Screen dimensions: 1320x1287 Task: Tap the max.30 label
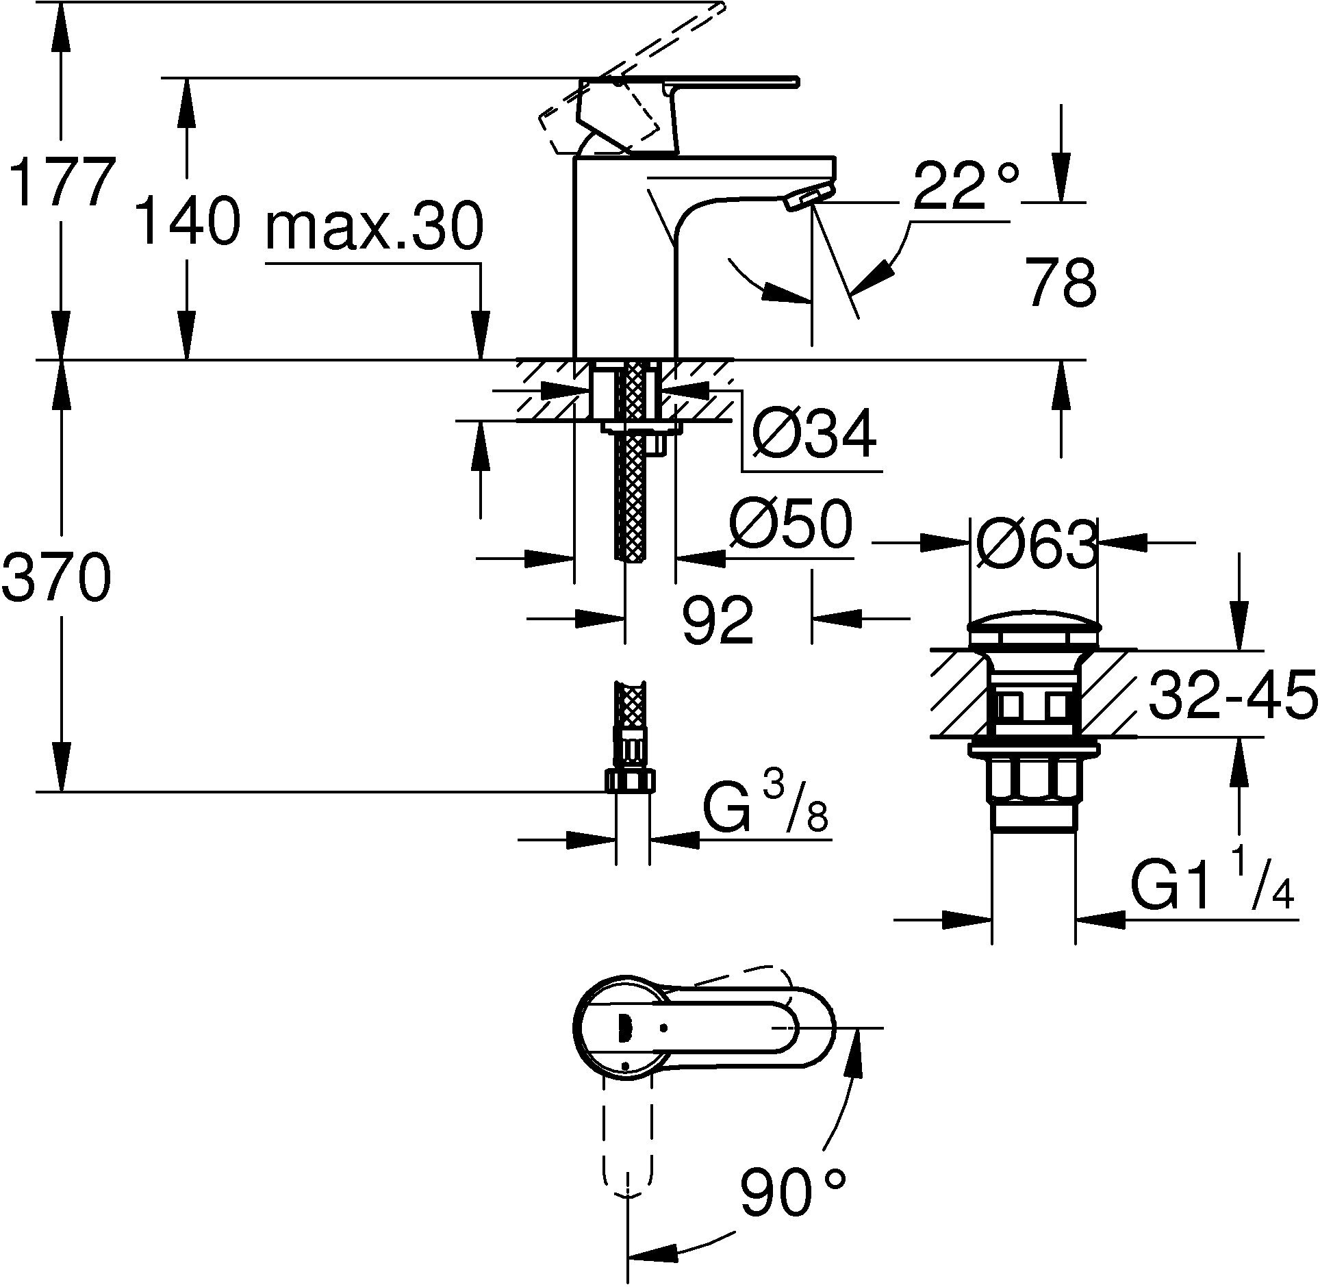[374, 227]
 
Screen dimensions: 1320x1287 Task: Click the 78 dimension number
[1060, 282]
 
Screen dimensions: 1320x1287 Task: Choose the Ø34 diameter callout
[813, 435]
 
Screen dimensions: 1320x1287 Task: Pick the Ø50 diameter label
[790, 526]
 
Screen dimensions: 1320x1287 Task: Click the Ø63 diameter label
[1034, 545]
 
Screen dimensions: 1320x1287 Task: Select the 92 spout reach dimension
[718, 619]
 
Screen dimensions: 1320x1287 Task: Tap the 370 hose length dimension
[56, 578]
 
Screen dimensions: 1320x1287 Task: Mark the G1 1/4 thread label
[1212, 889]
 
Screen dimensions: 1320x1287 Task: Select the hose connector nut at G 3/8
[631, 780]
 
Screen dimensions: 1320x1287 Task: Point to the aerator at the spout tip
[810, 198]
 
